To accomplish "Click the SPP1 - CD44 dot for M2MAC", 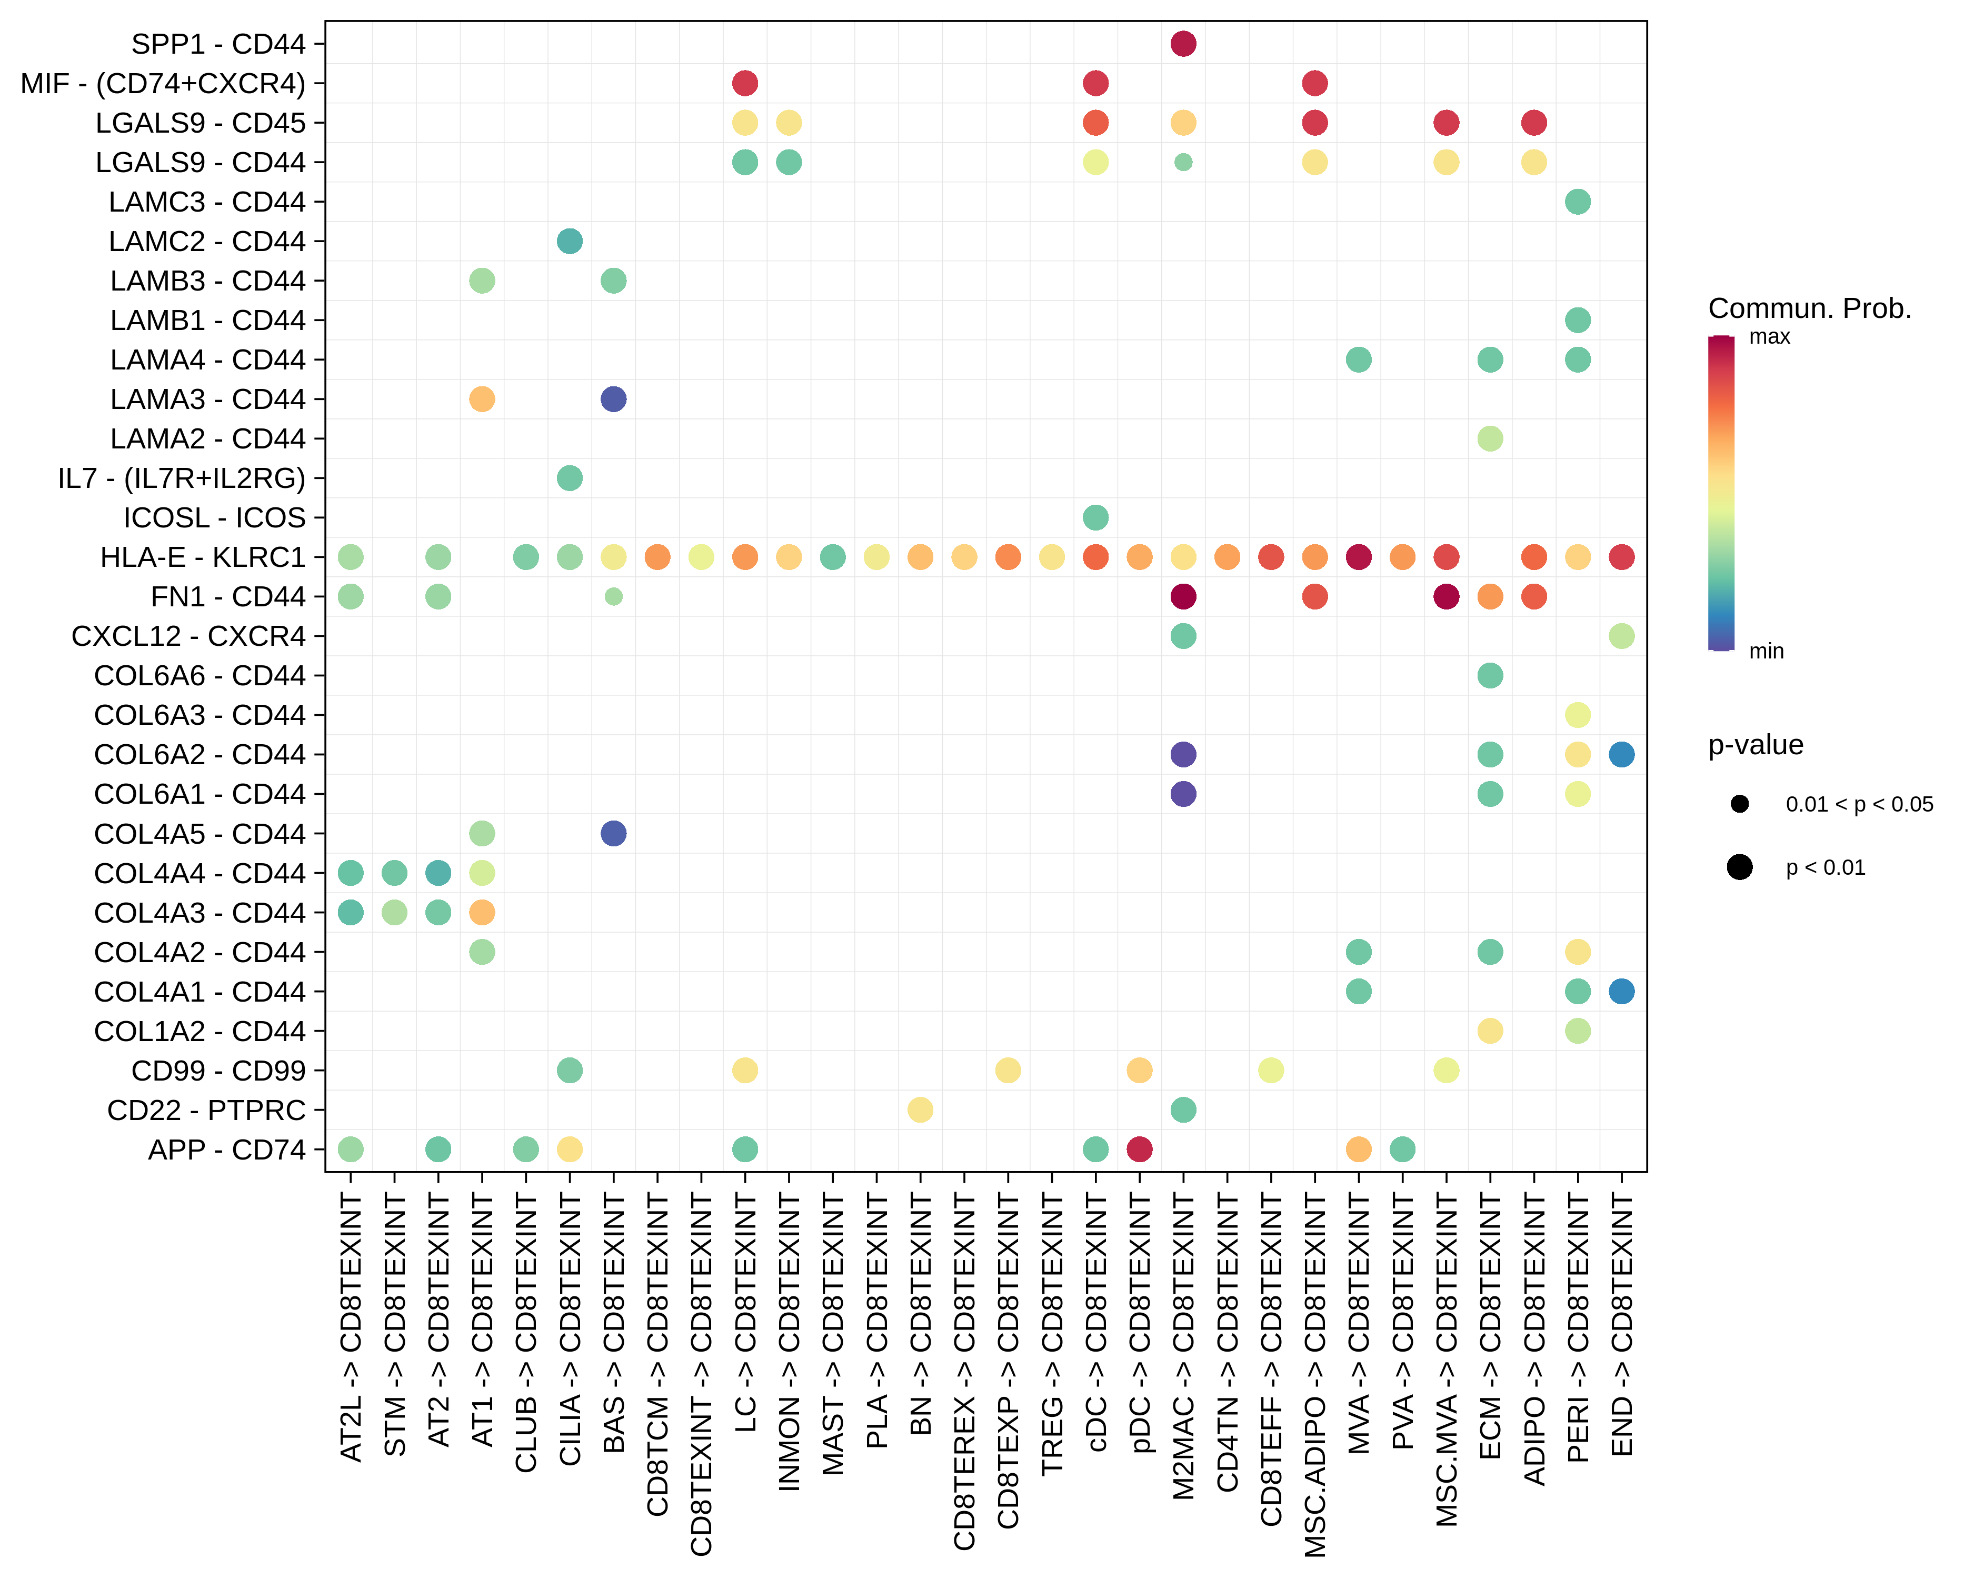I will click(1183, 44).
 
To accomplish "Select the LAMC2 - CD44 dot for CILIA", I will click(570, 242).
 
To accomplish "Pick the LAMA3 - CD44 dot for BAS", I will click(613, 399).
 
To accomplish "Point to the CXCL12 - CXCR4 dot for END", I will click(1621, 636).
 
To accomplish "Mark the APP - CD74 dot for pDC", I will click(1139, 1149).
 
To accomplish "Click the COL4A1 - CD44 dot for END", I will click(1621, 991).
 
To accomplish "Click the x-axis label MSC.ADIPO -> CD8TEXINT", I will click(1315, 1374).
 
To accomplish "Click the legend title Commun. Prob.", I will click(1809, 308).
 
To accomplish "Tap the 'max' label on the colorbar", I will click(1769, 337).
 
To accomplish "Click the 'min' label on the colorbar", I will click(1766, 651).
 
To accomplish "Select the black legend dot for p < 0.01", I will click(1740, 867).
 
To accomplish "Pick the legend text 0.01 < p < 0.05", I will click(1859, 805).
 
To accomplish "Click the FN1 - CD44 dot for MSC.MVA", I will click(1445, 597).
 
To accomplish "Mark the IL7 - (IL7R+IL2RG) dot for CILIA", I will click(570, 478).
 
